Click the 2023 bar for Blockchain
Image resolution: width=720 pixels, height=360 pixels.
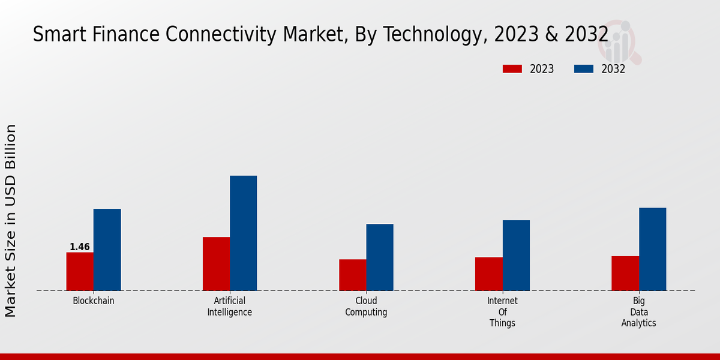(x=80, y=271)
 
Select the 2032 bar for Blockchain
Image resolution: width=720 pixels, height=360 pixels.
(x=107, y=250)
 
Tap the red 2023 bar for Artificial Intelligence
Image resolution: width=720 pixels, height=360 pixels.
(x=216, y=263)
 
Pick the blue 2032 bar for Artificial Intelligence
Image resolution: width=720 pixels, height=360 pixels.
(x=243, y=233)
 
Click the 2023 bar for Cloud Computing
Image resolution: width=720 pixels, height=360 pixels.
(x=352, y=275)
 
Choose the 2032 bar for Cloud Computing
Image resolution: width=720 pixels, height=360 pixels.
(x=380, y=257)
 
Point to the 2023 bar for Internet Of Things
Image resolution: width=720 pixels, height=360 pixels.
(x=488, y=274)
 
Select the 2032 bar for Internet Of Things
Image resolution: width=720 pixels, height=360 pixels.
(x=516, y=255)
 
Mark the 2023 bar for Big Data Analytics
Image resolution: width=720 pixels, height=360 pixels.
(x=625, y=273)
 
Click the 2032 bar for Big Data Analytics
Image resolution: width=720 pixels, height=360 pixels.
(x=652, y=249)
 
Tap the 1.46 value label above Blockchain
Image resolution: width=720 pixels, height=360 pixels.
(x=80, y=247)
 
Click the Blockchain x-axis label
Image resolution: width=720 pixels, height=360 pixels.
(x=94, y=301)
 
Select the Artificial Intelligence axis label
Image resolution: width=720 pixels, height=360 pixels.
(x=230, y=307)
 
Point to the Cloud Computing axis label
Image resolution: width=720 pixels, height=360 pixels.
(x=366, y=307)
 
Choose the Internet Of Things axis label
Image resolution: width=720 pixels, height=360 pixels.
(x=502, y=312)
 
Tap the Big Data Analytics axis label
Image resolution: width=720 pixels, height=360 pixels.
(x=638, y=312)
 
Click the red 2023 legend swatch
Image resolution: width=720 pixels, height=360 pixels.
(x=512, y=69)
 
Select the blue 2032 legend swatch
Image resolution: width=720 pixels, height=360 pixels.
(x=584, y=69)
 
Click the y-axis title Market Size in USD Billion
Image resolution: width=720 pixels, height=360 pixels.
(x=11, y=220)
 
